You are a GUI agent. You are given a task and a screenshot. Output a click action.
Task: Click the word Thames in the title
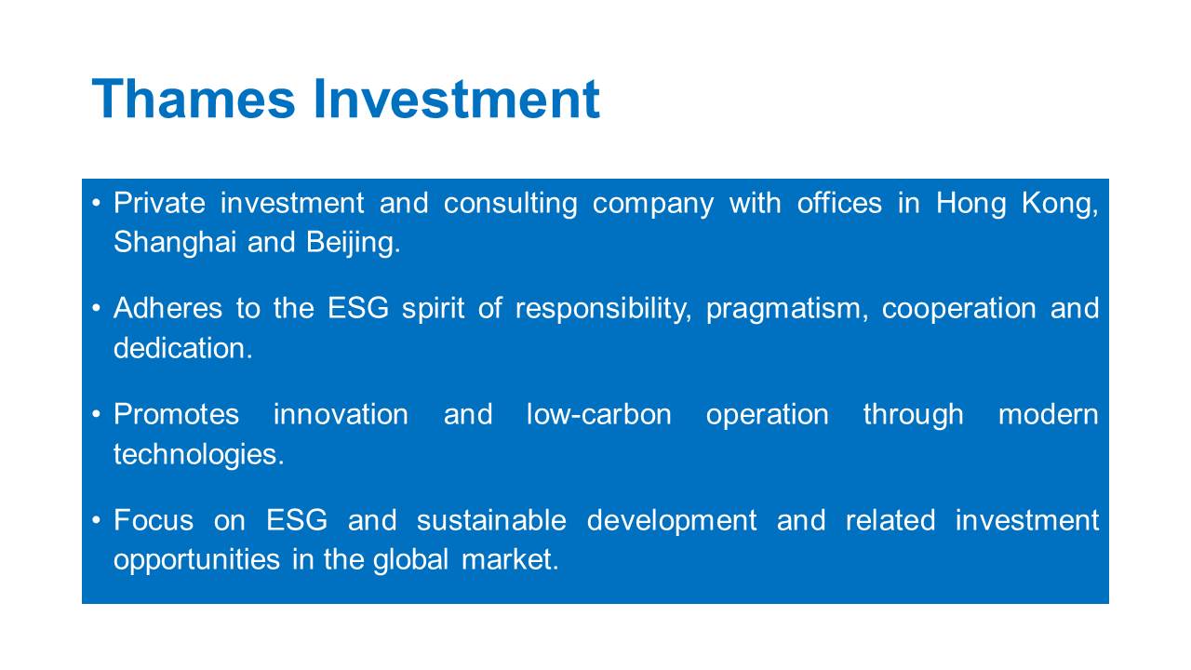point(193,99)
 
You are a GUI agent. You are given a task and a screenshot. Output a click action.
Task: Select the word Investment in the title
point(456,99)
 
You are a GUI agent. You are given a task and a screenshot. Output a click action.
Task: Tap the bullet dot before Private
point(96,203)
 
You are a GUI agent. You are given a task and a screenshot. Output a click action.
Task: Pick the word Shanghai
point(175,243)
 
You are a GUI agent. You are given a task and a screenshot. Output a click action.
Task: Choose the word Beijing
point(353,244)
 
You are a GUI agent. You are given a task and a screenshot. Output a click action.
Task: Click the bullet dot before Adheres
point(96,308)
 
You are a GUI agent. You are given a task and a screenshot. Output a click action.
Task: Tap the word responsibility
point(604,311)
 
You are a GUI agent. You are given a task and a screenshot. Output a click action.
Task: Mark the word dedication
point(183,348)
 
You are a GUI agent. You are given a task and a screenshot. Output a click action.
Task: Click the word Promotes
point(177,414)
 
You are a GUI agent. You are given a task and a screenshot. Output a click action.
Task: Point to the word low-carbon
point(598,414)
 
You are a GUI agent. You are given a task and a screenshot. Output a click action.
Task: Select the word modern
point(1049,414)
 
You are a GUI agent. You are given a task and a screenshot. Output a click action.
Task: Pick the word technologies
point(199,455)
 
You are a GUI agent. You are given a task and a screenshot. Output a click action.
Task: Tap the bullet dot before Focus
point(96,520)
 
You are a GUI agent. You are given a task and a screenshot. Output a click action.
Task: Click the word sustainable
point(492,520)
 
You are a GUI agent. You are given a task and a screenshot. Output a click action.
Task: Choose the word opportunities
point(196,561)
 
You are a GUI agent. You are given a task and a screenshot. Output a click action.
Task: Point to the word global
point(411,561)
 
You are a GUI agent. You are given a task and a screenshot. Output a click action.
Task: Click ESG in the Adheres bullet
point(358,308)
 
